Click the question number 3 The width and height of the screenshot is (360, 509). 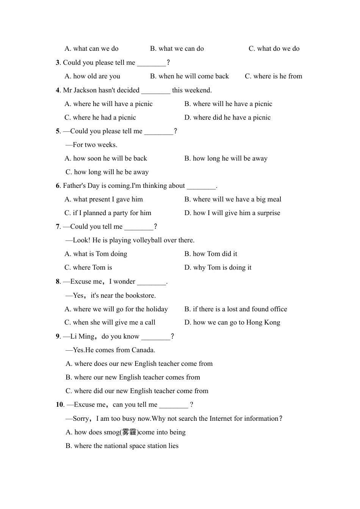pyautogui.click(x=58, y=62)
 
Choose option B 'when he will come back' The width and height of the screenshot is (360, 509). pyautogui.click(x=189, y=76)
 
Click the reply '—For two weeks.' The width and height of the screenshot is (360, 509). pyautogui.click(x=91, y=145)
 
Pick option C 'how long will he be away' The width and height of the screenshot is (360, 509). pyautogui.click(x=107, y=172)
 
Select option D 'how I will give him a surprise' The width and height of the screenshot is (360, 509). pyautogui.click(x=232, y=213)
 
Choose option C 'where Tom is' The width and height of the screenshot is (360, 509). pyautogui.click(x=88, y=267)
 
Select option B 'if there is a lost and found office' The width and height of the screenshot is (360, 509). pyautogui.click(x=236, y=309)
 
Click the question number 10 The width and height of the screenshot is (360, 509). pyautogui.click(x=59, y=404)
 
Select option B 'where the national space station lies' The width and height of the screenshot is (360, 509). pyautogui.click(x=122, y=446)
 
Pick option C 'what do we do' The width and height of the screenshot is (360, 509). pyautogui.click(x=274, y=48)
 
